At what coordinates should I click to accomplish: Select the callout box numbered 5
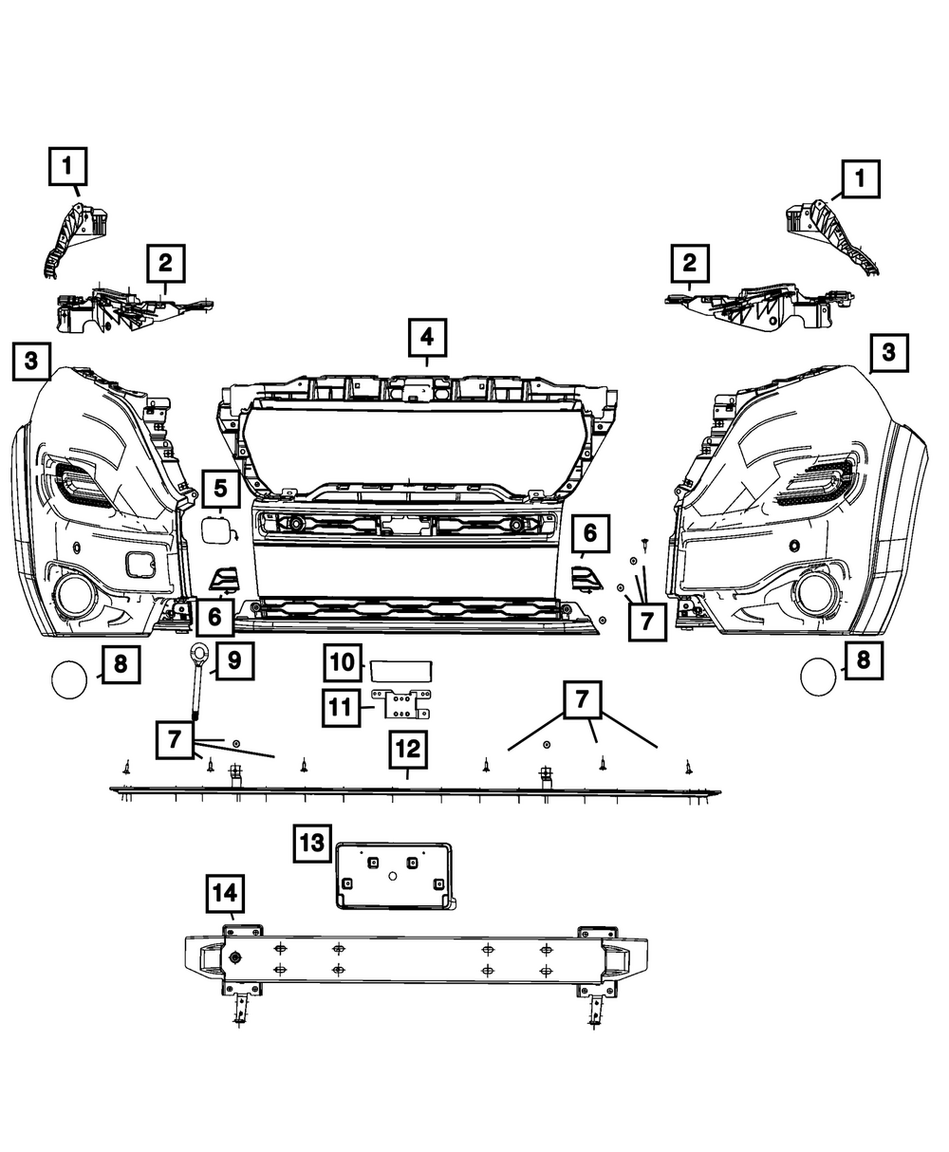[220, 490]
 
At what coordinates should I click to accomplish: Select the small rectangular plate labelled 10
[401, 670]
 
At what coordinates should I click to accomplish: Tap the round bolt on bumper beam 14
[233, 958]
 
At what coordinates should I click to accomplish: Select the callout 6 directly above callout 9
[214, 617]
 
